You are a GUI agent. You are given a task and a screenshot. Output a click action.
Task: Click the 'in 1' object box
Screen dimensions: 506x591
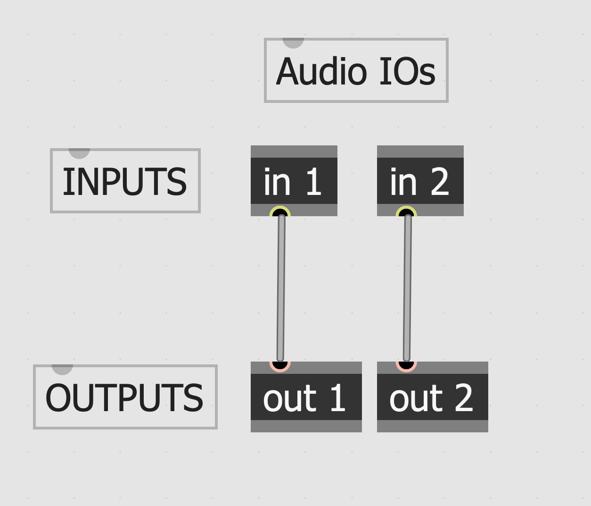pyautogui.click(x=294, y=181)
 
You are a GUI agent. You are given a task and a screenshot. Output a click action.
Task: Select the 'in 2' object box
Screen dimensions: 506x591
pyautogui.click(x=420, y=181)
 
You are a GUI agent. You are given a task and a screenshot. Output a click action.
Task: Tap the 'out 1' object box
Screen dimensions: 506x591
pyautogui.click(x=306, y=397)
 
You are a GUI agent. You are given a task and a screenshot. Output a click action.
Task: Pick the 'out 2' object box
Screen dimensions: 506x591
pyautogui.click(x=432, y=397)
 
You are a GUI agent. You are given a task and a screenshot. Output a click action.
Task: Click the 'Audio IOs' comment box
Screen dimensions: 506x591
pyautogui.click(x=356, y=70)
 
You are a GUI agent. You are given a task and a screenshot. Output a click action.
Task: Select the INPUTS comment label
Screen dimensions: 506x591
pyautogui.click(x=125, y=181)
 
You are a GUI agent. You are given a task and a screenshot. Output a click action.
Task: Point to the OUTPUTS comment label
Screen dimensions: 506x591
pyautogui.click(x=125, y=397)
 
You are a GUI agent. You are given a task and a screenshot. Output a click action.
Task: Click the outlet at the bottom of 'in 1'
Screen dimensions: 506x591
pyautogui.click(x=280, y=214)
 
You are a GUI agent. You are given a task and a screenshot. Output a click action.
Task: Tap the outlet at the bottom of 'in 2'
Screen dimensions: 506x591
pyautogui.click(x=406, y=214)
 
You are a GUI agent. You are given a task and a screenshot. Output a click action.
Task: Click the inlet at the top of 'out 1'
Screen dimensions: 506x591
pyautogui.click(x=280, y=364)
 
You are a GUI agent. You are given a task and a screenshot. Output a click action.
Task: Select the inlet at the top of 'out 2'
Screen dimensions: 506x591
pyautogui.click(x=406, y=364)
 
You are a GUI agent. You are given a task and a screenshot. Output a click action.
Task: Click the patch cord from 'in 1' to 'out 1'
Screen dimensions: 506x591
pyautogui.click(x=281, y=288)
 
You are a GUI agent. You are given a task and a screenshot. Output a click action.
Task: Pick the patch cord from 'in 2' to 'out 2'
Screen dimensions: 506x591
pyautogui.click(x=407, y=288)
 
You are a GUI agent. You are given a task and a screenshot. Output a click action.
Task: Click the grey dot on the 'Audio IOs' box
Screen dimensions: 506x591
pyautogui.click(x=293, y=42)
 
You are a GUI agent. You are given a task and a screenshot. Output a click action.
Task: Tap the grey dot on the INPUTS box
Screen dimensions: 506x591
pyautogui.click(x=79, y=152)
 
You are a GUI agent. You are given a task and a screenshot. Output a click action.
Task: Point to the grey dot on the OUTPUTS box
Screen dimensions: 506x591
pyautogui.click(x=62, y=368)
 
